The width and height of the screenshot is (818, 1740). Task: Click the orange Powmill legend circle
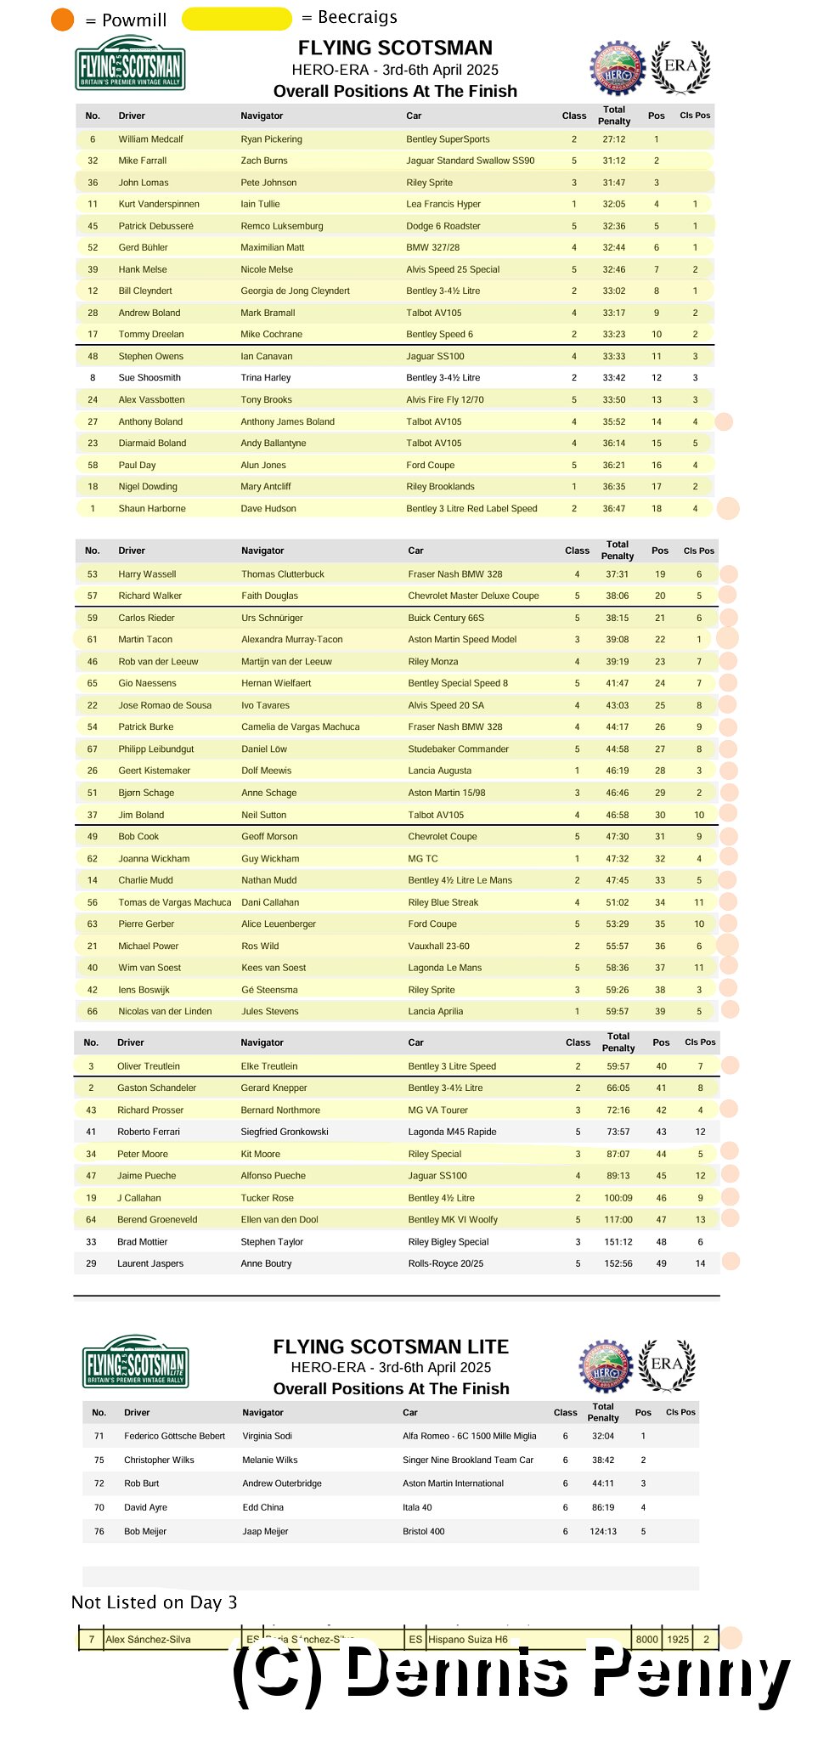coord(63,19)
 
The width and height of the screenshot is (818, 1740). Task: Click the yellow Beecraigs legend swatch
coord(236,19)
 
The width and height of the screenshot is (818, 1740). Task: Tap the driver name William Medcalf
coord(150,139)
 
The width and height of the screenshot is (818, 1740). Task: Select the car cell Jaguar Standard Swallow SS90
coord(470,161)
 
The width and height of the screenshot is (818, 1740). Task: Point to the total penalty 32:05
coord(613,204)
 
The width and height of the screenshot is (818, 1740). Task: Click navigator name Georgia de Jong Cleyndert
coord(295,291)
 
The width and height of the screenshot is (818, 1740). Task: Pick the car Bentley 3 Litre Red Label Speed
coord(471,508)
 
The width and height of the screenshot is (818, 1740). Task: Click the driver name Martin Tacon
coord(144,639)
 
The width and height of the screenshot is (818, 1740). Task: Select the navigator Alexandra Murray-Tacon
coord(291,639)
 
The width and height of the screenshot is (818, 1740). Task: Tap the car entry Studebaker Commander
coord(458,749)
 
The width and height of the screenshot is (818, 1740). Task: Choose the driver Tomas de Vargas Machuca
coord(174,902)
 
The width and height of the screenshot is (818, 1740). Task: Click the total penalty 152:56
coord(618,1263)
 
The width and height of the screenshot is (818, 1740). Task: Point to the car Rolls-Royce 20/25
coord(445,1263)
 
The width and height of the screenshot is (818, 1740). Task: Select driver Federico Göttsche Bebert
coord(174,1436)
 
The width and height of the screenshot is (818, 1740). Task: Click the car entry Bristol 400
coord(423,1531)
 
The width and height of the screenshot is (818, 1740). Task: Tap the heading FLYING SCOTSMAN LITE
coord(391,1347)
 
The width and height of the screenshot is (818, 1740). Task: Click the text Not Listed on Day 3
coord(154,1602)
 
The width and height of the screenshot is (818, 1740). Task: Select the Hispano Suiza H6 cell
coord(467,1639)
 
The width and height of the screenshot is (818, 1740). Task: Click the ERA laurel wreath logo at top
coord(680,67)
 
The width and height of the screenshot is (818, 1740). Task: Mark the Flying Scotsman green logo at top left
coord(130,64)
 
